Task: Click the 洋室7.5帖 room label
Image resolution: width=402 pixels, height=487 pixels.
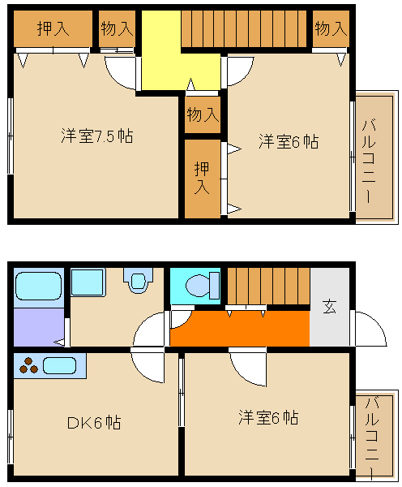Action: (96, 136)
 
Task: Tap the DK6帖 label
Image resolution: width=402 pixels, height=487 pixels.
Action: (94, 422)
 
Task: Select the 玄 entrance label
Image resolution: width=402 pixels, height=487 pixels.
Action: (329, 307)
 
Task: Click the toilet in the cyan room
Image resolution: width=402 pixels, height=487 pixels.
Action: (203, 286)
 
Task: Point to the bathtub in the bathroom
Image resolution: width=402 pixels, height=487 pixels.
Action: (38, 286)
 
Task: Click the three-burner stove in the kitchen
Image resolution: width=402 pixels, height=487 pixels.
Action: (28, 365)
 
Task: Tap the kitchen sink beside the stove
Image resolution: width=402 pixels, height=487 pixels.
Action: (59, 365)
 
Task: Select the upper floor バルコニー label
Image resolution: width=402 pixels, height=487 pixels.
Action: (369, 162)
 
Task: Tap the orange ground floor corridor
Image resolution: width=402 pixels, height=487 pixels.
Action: (240, 328)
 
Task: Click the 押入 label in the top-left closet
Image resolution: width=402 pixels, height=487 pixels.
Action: (53, 28)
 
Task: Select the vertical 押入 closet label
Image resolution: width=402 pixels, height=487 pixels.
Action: (202, 178)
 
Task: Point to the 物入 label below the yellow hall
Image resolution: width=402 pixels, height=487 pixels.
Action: (203, 114)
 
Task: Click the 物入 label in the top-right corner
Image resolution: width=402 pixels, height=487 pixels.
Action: (331, 28)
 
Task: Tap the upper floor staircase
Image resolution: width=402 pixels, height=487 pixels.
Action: (244, 28)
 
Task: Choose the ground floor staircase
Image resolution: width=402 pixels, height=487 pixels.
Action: (268, 286)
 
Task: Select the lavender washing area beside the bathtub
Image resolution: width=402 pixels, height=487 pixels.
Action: (39, 327)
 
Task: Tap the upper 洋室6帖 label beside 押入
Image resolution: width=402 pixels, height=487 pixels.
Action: (289, 141)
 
